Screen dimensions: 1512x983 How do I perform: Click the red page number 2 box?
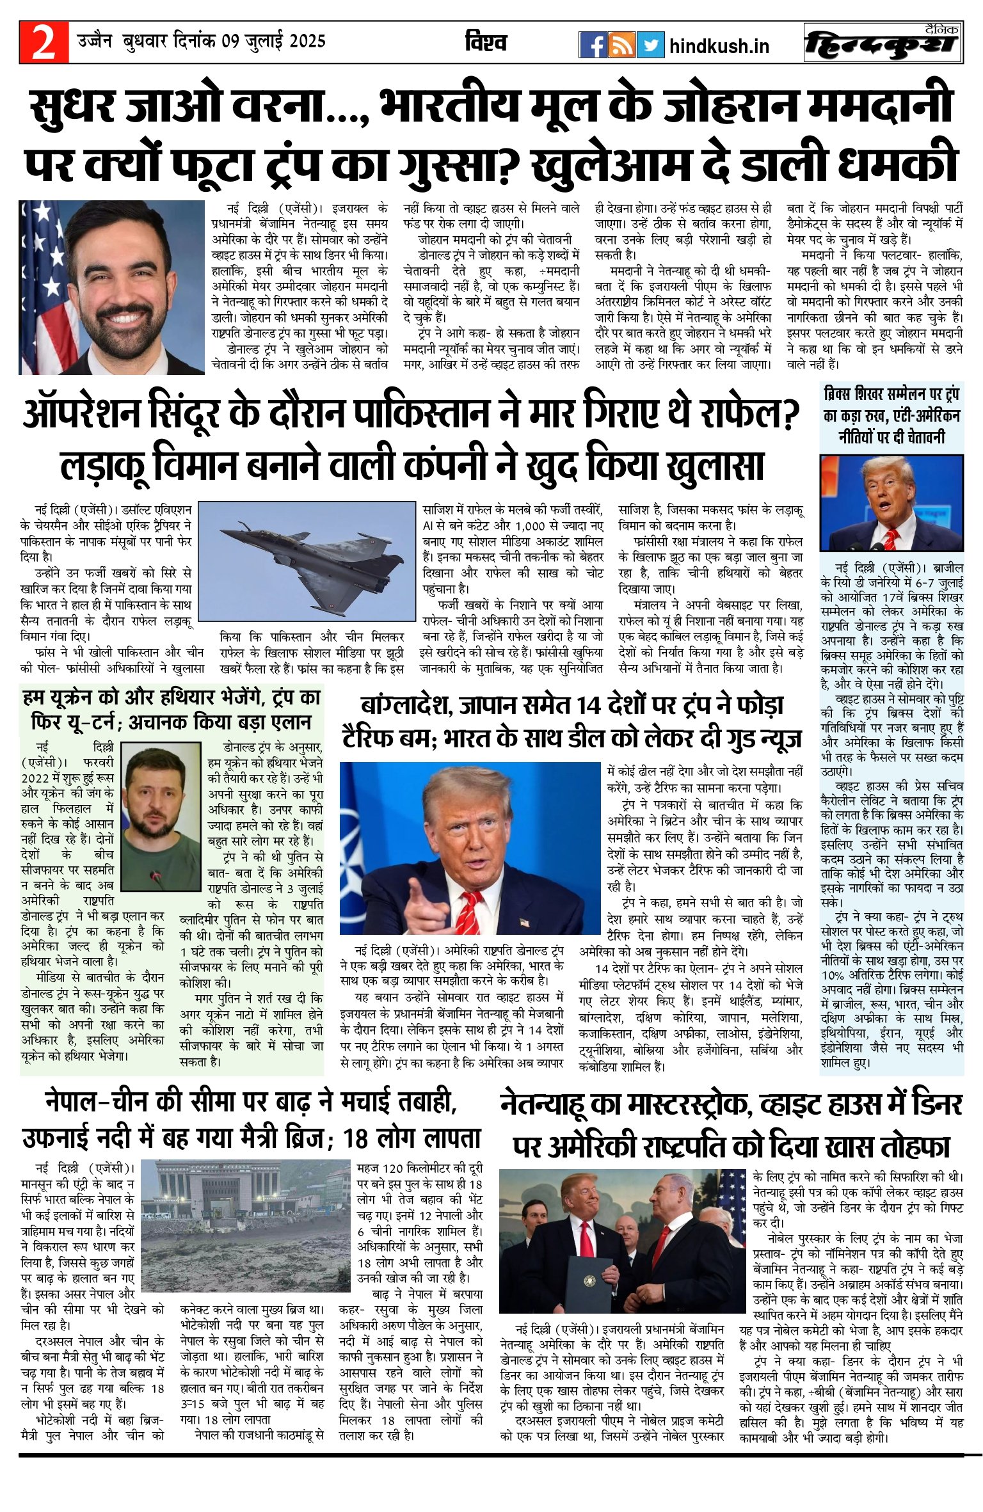pyautogui.click(x=44, y=42)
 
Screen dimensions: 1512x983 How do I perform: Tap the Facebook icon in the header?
pyautogui.click(x=593, y=45)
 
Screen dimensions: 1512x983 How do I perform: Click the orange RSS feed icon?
pyautogui.click(x=621, y=45)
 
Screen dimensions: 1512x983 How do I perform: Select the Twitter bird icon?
pyautogui.click(x=650, y=45)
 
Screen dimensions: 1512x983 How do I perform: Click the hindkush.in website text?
pyautogui.click(x=719, y=46)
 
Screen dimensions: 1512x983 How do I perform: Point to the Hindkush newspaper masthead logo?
pyautogui.click(x=883, y=44)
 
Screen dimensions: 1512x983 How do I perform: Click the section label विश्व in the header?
pyautogui.click(x=486, y=43)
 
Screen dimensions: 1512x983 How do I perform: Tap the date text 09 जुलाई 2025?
pyautogui.click(x=274, y=42)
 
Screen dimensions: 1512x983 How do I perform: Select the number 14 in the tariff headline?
pyautogui.click(x=590, y=706)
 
